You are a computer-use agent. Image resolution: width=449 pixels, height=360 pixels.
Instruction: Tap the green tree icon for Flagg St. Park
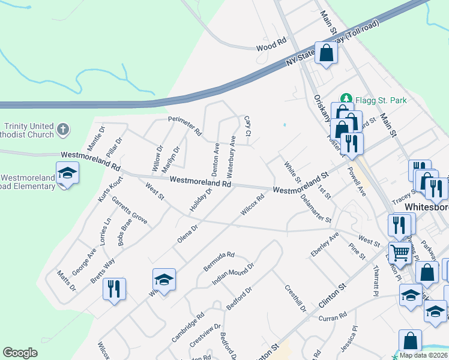pyautogui.click(x=346, y=98)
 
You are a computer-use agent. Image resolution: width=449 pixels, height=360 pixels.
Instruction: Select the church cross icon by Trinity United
pyautogui.click(x=64, y=129)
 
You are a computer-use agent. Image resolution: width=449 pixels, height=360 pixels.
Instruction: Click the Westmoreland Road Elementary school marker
pyautogui.click(x=68, y=174)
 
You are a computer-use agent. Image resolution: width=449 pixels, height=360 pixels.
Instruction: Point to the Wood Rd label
pyautogui.click(x=271, y=46)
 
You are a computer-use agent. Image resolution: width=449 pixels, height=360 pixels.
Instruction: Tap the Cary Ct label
pyautogui.click(x=247, y=125)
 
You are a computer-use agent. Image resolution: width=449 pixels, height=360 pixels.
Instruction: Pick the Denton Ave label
pyautogui.click(x=215, y=158)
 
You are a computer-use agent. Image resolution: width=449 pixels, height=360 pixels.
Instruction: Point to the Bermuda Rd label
pyautogui.click(x=218, y=259)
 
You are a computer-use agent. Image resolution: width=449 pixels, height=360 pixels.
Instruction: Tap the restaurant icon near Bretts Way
pyautogui.click(x=112, y=289)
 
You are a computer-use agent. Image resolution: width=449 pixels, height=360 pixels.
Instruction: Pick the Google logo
pyautogui.click(x=20, y=353)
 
